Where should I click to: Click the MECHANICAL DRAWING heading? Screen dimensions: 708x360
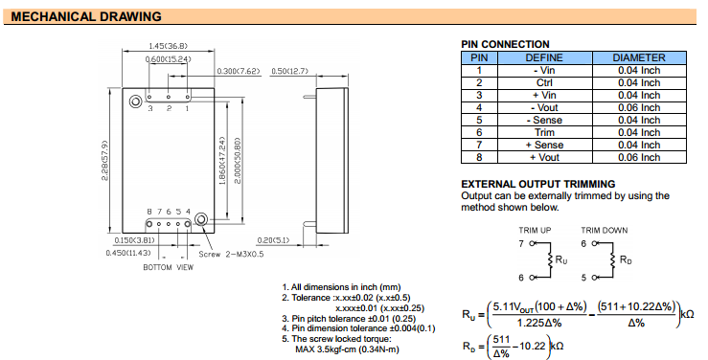pos(86,16)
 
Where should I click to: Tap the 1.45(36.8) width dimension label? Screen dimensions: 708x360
pos(168,46)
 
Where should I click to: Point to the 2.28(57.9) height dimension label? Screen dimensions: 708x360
pos(104,161)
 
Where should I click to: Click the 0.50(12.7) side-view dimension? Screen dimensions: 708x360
pos(289,71)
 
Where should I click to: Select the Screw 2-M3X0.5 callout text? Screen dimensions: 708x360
pos(231,255)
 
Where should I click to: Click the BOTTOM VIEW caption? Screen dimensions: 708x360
pos(168,267)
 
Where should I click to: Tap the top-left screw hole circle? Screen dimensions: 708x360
pos(135,101)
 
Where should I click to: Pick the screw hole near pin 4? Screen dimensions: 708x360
pos(201,219)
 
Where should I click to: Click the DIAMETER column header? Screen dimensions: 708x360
pos(639,57)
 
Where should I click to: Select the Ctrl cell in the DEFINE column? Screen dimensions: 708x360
pos(544,83)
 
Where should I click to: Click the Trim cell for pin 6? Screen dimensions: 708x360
pos(544,133)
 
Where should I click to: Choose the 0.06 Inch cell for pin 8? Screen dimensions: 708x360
pos(639,157)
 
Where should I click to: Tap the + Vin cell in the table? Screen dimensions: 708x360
pos(544,95)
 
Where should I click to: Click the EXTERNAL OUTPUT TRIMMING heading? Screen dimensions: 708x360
pos(538,184)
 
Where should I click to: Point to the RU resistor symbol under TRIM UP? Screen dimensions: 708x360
pos(551,260)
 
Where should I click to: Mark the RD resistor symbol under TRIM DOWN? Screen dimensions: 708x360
pos(613,260)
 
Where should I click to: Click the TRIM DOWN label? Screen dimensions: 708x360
pos(605,231)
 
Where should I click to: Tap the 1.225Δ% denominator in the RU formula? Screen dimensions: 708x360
pos(539,323)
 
